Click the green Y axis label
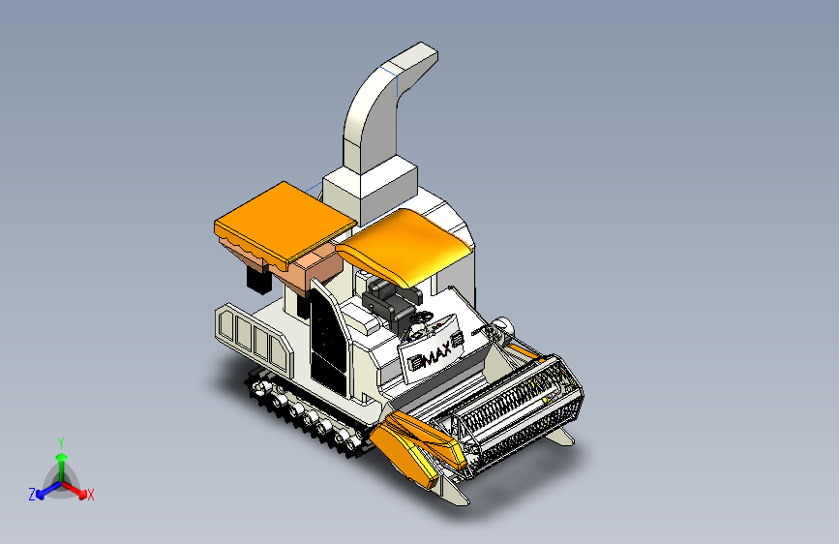pyautogui.click(x=61, y=442)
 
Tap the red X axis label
pyautogui.click(x=90, y=495)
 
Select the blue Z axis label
pyautogui.click(x=32, y=495)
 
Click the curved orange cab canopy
pyautogui.click(x=405, y=246)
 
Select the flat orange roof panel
pyautogui.click(x=285, y=223)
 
